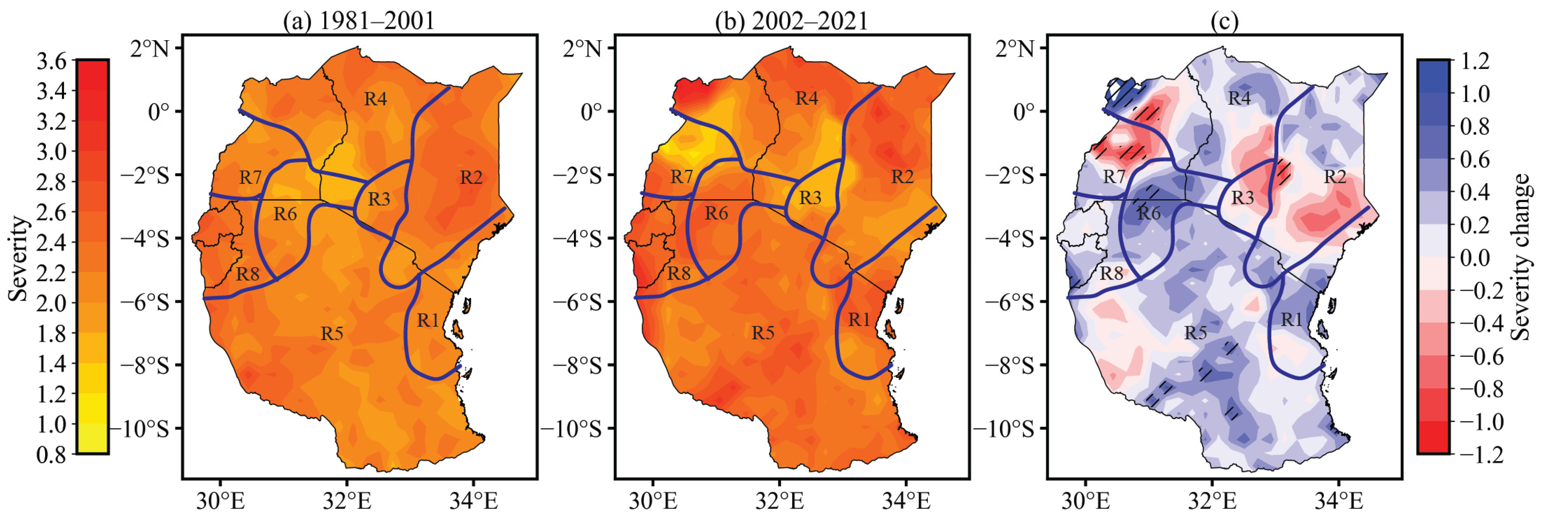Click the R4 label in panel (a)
click(375, 99)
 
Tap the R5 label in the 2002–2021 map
click(763, 333)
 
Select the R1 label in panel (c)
click(1291, 320)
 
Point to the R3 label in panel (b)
click(810, 198)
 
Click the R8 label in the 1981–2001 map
click(247, 274)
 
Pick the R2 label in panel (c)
click(1335, 177)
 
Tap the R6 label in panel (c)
click(1148, 213)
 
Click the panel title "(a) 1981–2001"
click(359, 22)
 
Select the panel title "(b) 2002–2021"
click(791, 22)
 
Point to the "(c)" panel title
click(1224, 22)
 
